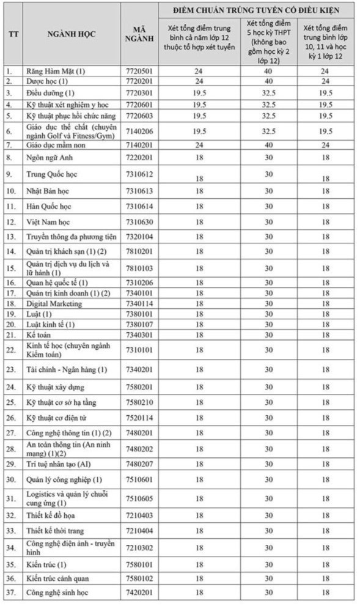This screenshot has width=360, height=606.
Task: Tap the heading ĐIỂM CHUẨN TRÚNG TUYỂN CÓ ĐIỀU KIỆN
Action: coord(255,10)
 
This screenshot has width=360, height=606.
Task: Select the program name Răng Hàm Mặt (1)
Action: coord(56,71)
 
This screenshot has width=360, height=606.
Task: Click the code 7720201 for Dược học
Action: coord(139,81)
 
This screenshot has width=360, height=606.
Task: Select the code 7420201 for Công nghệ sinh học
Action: coord(139,593)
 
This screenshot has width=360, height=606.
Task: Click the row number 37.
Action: coord(10,593)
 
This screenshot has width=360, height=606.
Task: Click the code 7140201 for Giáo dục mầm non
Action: coord(139,145)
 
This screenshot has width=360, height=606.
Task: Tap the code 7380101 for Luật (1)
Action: coord(139,314)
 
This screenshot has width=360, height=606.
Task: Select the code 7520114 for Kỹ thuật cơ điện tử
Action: coord(139,417)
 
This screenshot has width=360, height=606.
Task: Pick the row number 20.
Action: coord(10,324)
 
